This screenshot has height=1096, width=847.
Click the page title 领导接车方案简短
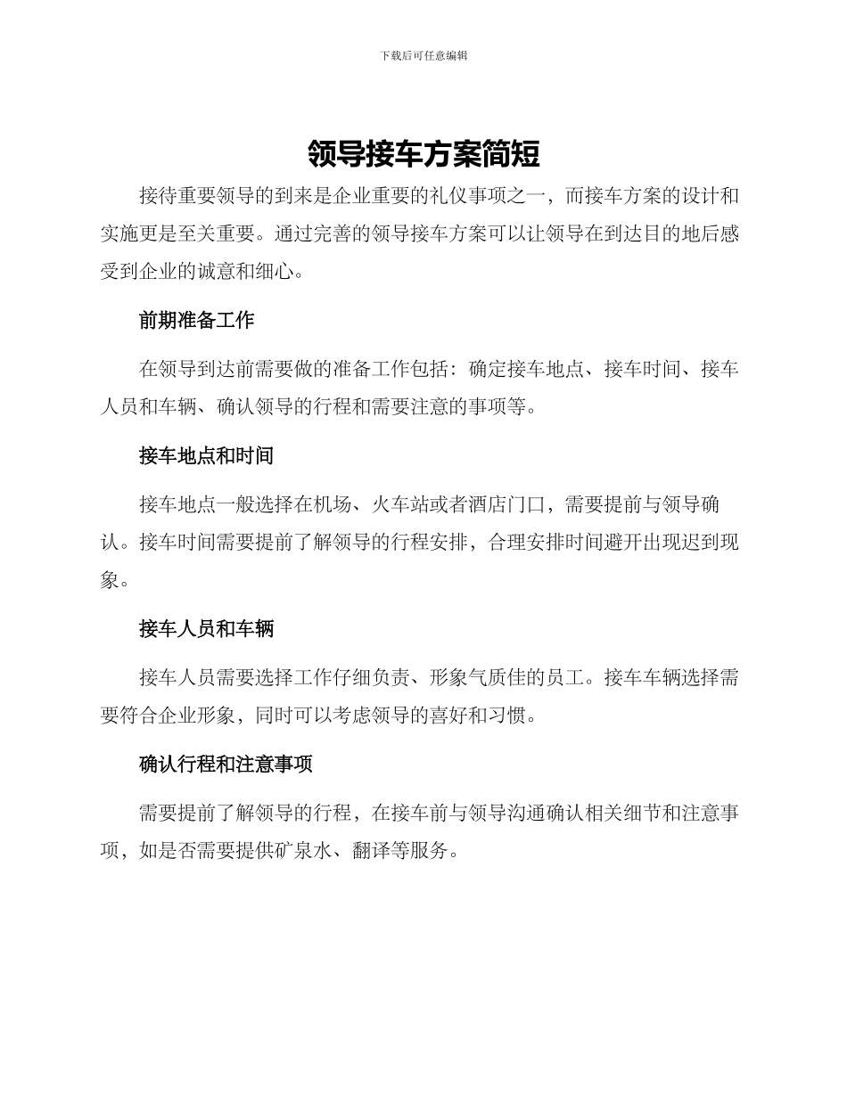point(423,154)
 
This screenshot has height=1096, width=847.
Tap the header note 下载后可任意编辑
point(423,55)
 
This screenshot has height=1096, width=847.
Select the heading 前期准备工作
point(197,320)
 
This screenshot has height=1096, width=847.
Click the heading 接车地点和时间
point(206,456)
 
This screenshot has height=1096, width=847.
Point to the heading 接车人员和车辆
point(206,629)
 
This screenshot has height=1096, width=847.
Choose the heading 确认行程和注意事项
point(226,765)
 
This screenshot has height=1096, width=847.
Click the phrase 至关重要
point(217,234)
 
